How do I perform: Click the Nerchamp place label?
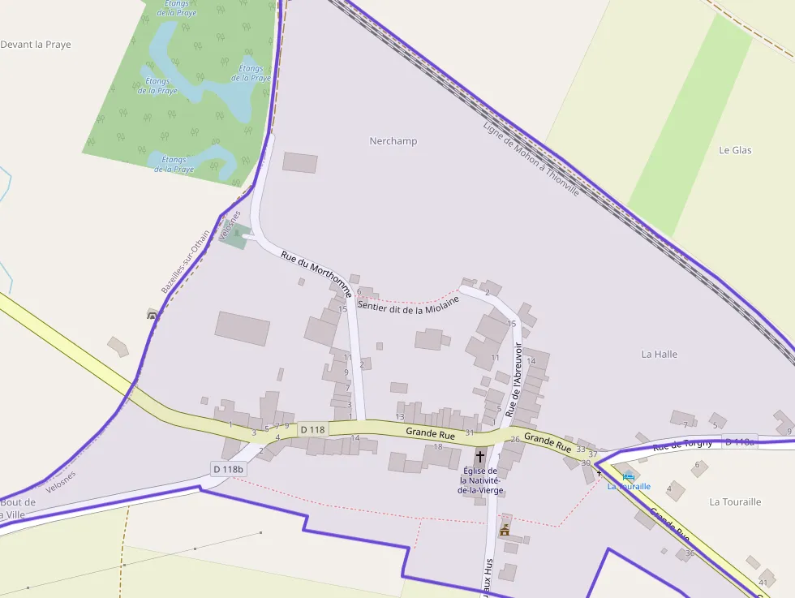[x=393, y=141]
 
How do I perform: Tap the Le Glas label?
[x=735, y=150]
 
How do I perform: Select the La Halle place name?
[x=659, y=355]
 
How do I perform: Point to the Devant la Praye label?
[x=36, y=45]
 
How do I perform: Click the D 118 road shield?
[x=312, y=429]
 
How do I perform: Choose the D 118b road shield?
[x=229, y=469]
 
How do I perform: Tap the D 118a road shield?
[x=739, y=442]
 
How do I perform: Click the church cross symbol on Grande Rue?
[x=480, y=458]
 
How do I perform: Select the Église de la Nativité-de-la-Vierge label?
[x=480, y=480]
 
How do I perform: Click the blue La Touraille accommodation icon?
[x=628, y=476]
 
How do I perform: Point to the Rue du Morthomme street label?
[x=316, y=273]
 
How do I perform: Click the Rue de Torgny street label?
[x=682, y=443]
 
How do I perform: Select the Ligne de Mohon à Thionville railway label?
[x=531, y=159]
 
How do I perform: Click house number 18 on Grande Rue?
[x=438, y=446]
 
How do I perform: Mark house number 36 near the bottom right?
[x=690, y=553]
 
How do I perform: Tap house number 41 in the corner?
[x=763, y=583]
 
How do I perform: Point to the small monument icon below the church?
[x=505, y=530]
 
